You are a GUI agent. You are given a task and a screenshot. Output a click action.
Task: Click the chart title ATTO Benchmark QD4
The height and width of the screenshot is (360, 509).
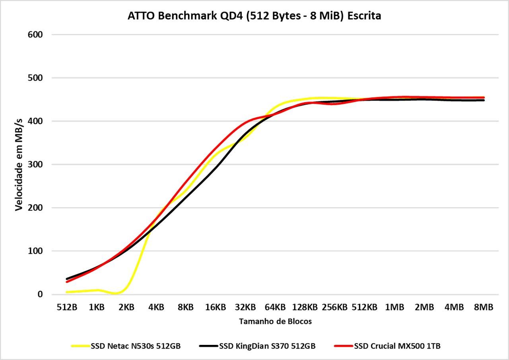254,16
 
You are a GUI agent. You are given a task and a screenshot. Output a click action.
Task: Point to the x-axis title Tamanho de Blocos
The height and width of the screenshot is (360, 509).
275,321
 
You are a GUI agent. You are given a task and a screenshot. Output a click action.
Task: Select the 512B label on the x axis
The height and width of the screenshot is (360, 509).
67,307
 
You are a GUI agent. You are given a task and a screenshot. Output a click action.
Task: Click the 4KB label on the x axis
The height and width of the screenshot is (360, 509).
156,307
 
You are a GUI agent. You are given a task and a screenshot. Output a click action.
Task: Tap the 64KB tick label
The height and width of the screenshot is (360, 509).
275,307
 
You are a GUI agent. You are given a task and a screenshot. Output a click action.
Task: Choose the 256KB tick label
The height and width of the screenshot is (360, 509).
334,307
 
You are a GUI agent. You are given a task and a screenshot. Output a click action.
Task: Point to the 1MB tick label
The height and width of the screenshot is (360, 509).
394,307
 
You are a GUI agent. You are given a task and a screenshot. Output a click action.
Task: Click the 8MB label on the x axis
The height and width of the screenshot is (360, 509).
484,307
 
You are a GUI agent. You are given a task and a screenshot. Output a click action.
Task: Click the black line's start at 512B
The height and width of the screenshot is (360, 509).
67,279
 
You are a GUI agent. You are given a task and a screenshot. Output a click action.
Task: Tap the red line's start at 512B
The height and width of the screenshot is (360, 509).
67,282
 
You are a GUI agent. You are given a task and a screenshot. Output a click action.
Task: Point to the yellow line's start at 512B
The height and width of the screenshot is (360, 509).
67,292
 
